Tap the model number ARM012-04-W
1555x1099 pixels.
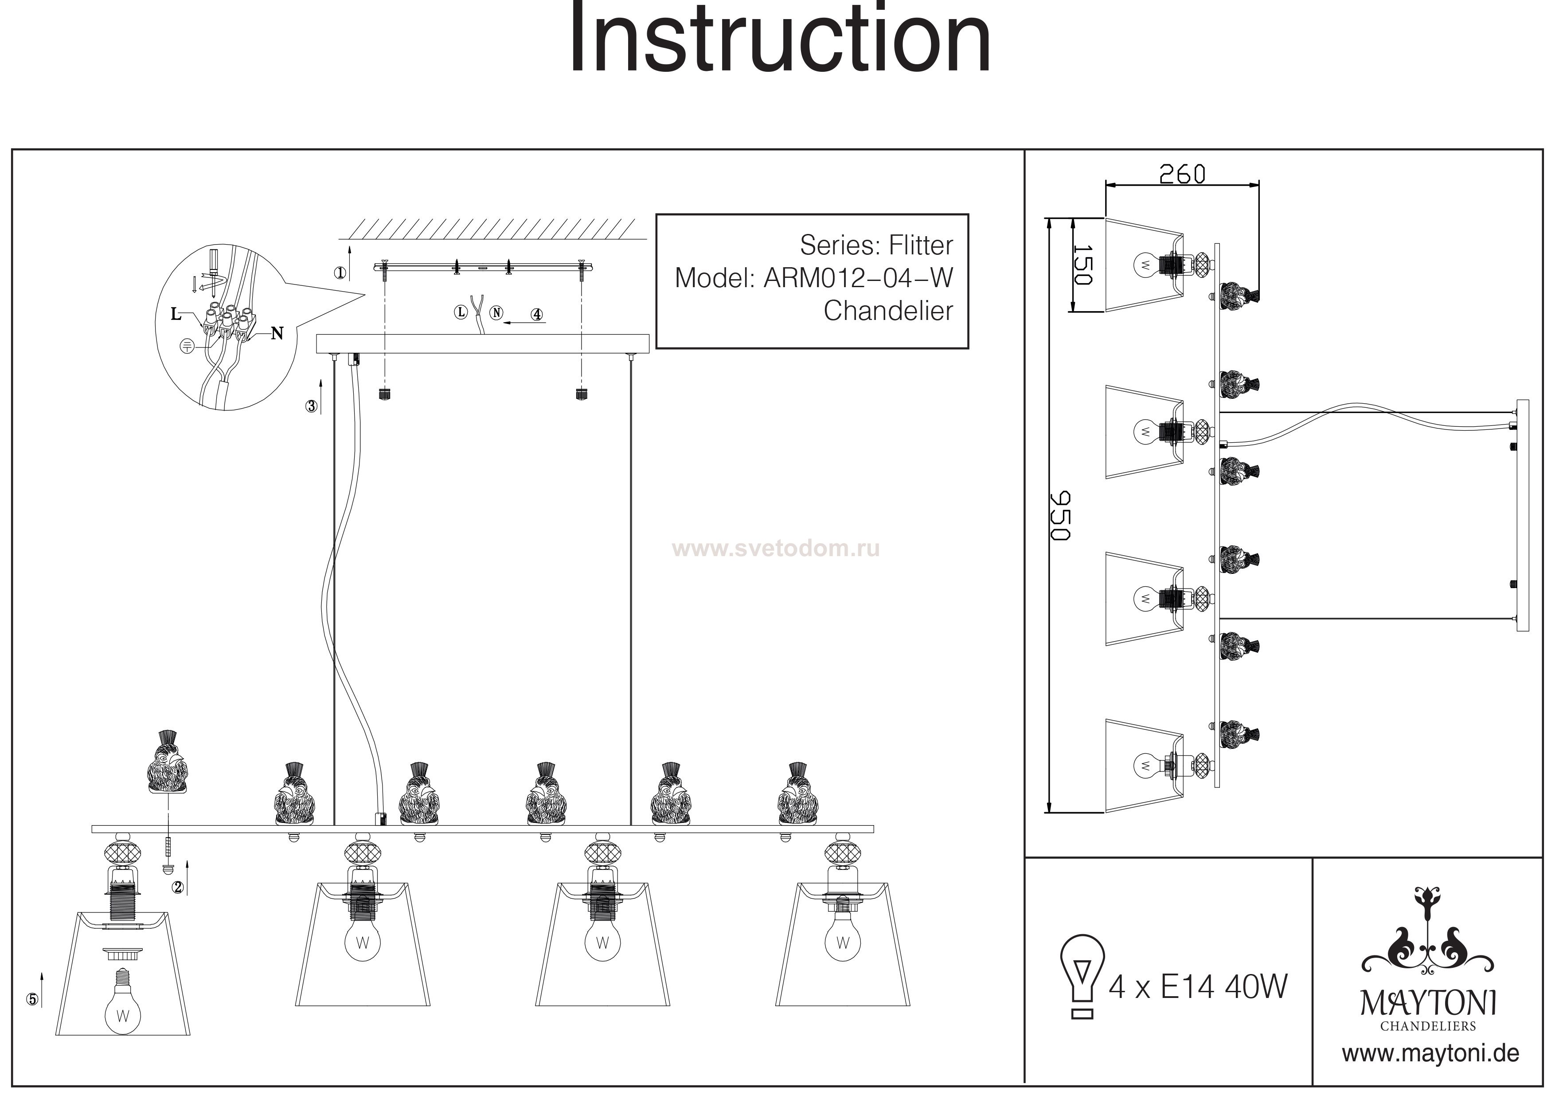click(x=858, y=277)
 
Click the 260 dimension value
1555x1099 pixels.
click(x=1182, y=175)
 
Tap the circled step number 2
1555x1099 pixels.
click(x=177, y=887)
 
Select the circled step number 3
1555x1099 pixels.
click(x=312, y=406)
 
